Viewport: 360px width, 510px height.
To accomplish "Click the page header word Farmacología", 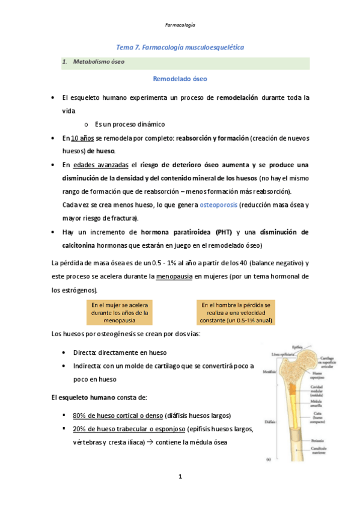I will tap(180, 25).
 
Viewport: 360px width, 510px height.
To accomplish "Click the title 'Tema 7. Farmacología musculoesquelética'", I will tap(180, 47).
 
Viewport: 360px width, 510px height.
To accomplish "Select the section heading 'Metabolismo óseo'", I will tap(99, 62).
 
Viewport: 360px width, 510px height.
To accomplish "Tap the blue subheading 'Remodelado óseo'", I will tap(180, 79).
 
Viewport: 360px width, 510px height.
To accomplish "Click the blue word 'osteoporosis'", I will tap(216, 205).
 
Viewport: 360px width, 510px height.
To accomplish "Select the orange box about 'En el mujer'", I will tap(120, 313).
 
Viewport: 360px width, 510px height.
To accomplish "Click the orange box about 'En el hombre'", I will tap(236, 313).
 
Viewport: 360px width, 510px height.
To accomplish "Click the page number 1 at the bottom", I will tap(180, 477).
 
